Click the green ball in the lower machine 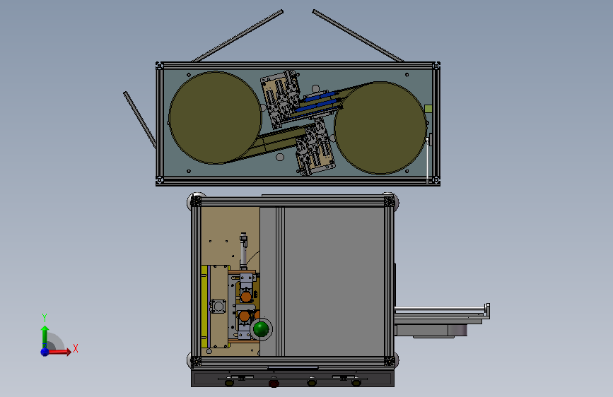pyautogui.click(x=261, y=328)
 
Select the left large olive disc pyautogui.click(x=215, y=117)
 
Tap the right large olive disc pyautogui.click(x=380, y=128)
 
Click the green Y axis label pyautogui.click(x=45, y=317)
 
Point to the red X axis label pyautogui.click(x=76, y=348)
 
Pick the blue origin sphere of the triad pyautogui.click(x=45, y=352)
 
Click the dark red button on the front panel pyautogui.click(x=274, y=384)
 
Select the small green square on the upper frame pyautogui.click(x=428, y=109)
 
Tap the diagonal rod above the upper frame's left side pyautogui.click(x=238, y=36)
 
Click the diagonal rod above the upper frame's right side pyautogui.click(x=358, y=36)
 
